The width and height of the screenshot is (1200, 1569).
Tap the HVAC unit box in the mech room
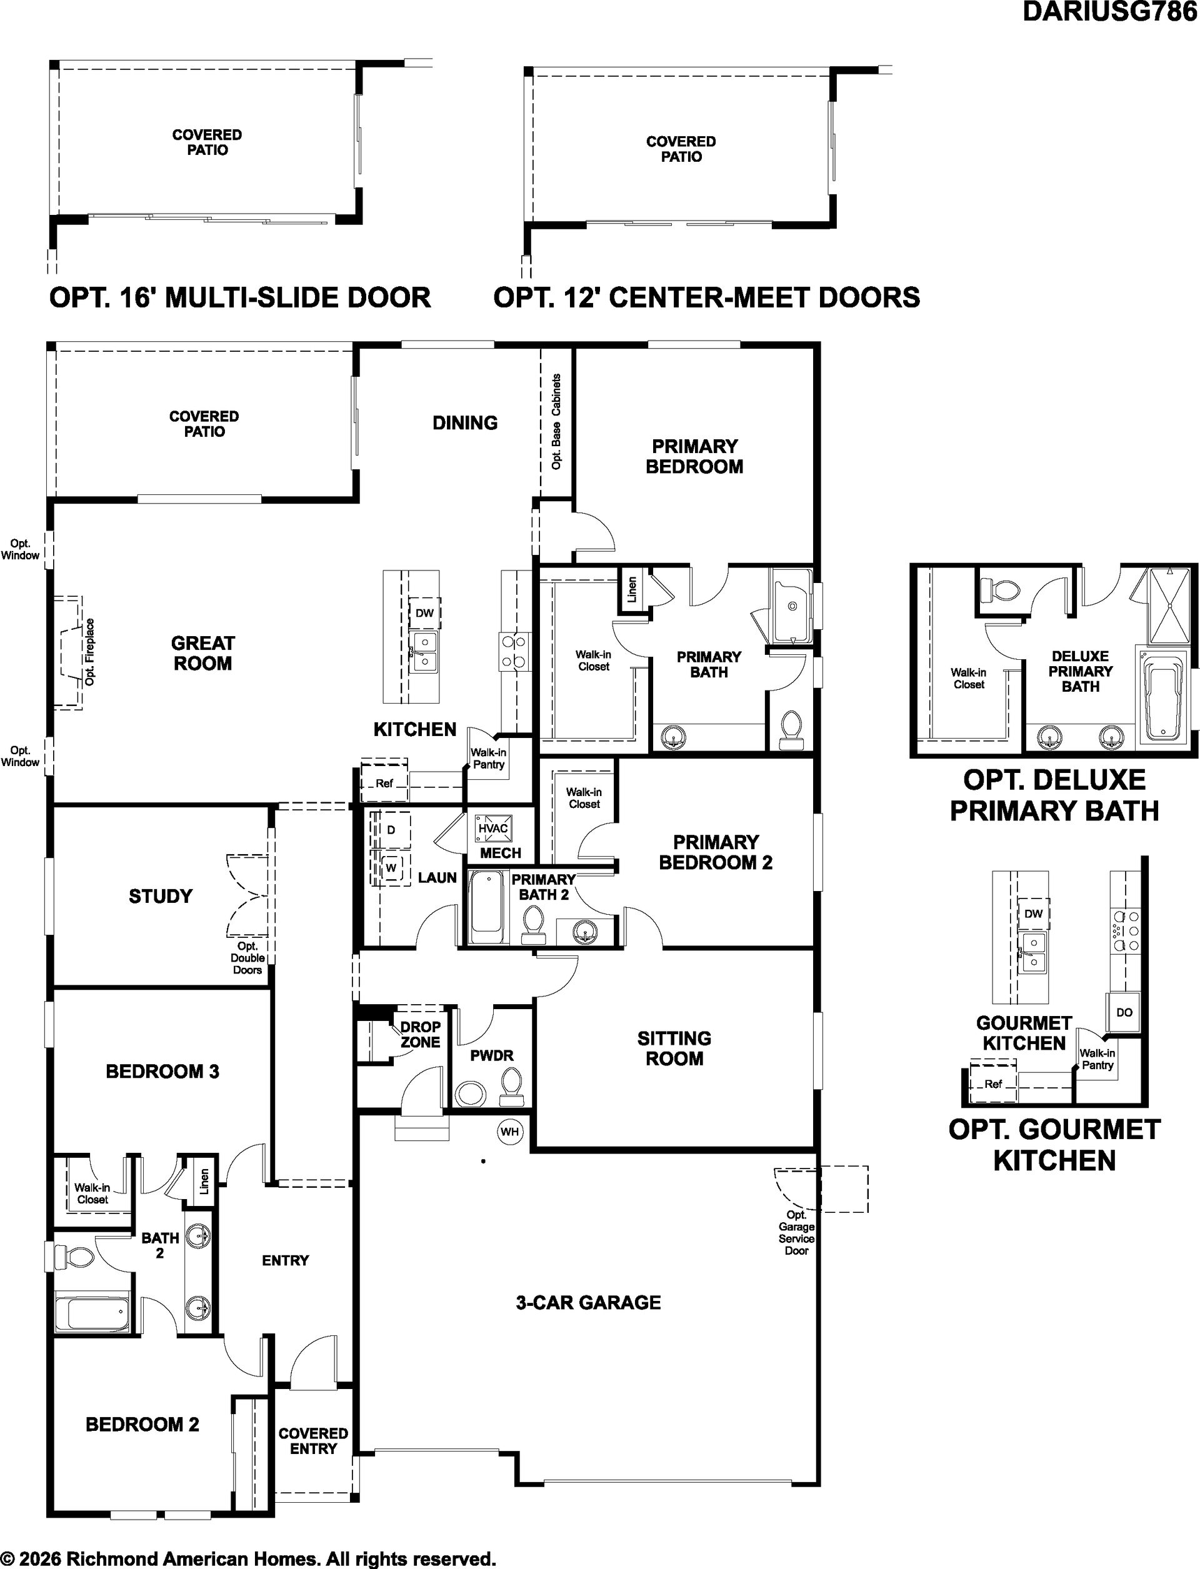pos(493,829)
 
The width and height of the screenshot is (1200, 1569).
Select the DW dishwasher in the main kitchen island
pos(424,613)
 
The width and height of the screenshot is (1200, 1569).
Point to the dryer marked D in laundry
pos(391,830)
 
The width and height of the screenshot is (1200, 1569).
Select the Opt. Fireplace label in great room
pos(89,652)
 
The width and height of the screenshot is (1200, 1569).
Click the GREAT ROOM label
pos(203,654)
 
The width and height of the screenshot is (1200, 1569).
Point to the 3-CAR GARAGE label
pos(588,1303)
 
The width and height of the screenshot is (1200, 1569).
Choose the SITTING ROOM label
pos(674,1048)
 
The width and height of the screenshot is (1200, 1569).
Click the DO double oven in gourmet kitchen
pos(1124,1012)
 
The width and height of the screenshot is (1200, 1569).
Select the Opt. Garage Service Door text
pos(796,1233)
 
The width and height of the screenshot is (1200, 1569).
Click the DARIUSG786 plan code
pos(1111,11)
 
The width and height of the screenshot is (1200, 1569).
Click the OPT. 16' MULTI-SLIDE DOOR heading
pos(240,297)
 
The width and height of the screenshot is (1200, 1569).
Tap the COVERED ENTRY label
pos(313,1441)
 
